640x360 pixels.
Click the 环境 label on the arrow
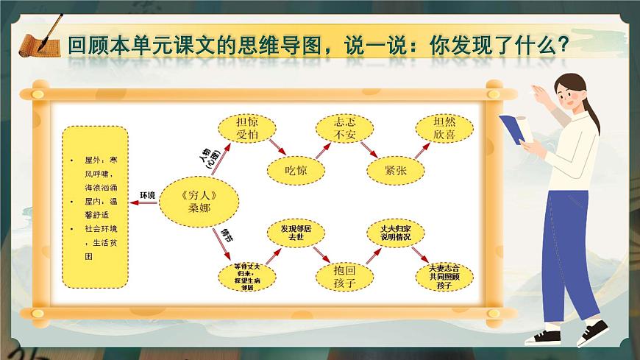[147, 195]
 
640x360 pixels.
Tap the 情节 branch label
[228, 235]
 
